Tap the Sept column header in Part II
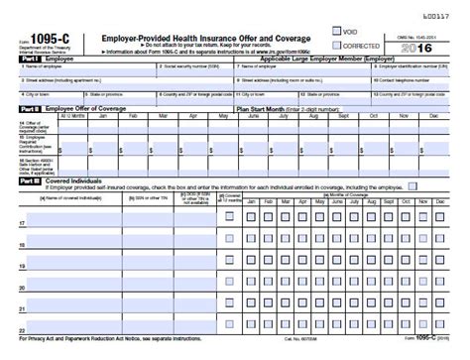click(348, 115)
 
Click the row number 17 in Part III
click(22, 223)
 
